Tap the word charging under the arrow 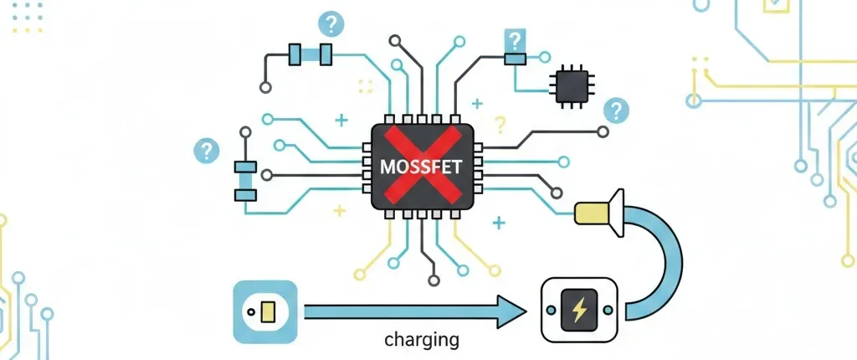pyautogui.click(x=421, y=341)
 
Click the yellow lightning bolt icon pyautogui.click(x=578, y=311)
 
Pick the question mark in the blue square pyautogui.click(x=514, y=40)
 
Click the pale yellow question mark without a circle pyautogui.click(x=500, y=126)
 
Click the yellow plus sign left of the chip pyautogui.click(x=339, y=210)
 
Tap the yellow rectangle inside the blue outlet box pyautogui.click(x=268, y=312)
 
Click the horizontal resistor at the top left pyautogui.click(x=310, y=54)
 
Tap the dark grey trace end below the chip pyautogui.click(x=433, y=279)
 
